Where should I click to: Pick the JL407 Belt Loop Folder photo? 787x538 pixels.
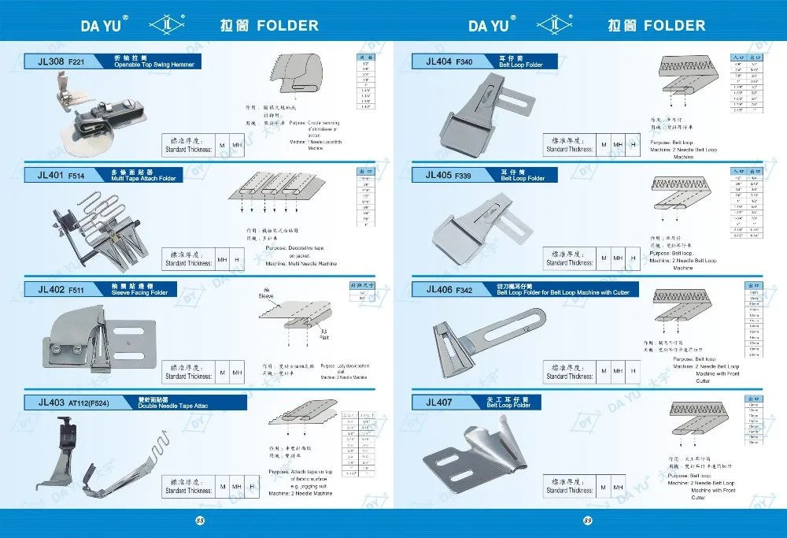point(480,457)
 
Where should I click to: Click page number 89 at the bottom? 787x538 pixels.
point(587,519)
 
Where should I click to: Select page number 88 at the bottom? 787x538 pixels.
point(199,519)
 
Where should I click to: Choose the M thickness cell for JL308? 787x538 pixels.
point(222,145)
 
